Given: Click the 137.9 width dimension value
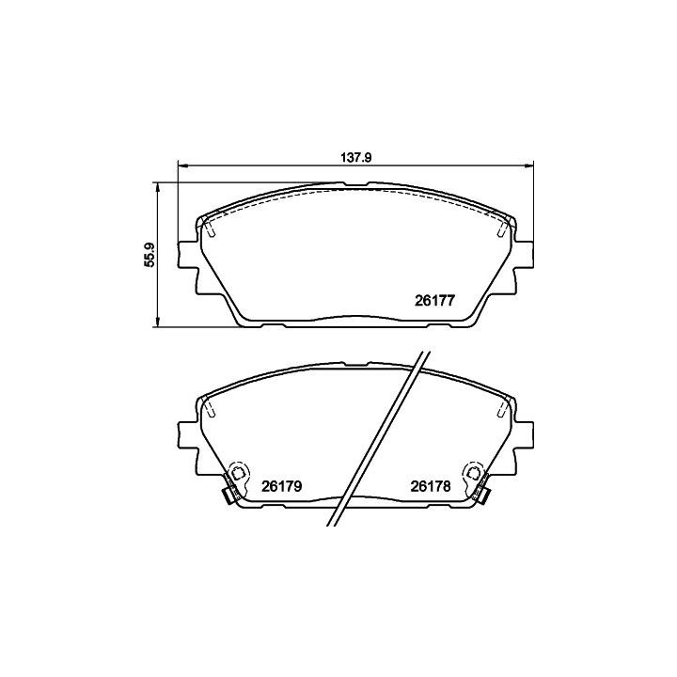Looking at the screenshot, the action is [x=356, y=158].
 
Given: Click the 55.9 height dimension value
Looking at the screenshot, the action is [x=150, y=255].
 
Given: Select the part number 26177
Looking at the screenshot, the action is [x=434, y=301].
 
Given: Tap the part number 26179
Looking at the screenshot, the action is [x=281, y=487].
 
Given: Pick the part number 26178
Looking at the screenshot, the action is [x=431, y=487].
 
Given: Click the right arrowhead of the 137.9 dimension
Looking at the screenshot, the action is [x=528, y=165].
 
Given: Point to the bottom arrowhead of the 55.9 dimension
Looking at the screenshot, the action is [x=158, y=322].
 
